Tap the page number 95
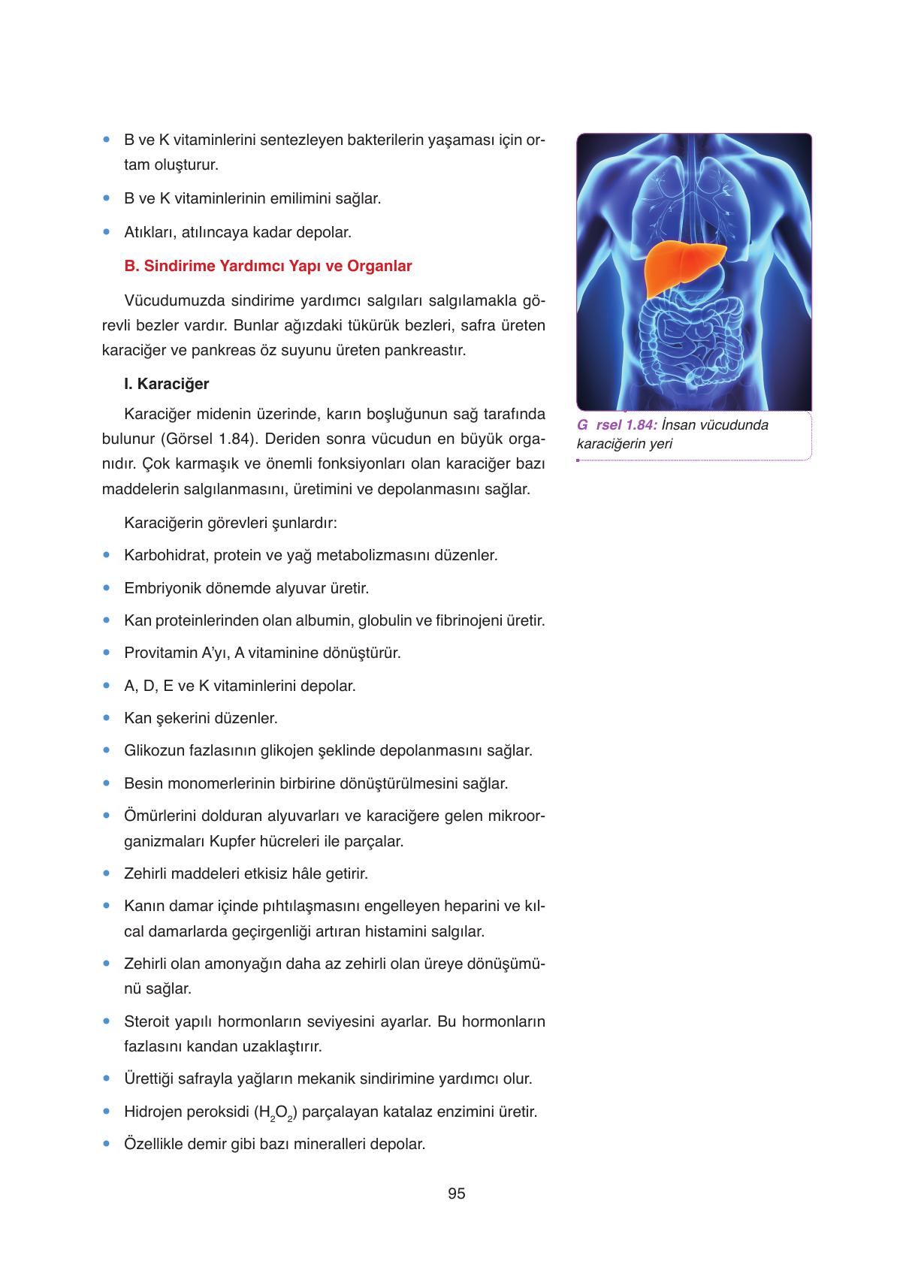[x=456, y=1193]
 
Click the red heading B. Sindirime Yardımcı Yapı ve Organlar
[x=268, y=266]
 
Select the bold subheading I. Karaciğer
[x=167, y=384]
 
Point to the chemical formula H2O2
[x=275, y=1112]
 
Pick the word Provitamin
[x=160, y=653]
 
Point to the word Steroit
[x=147, y=1021]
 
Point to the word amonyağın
[x=261, y=964]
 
